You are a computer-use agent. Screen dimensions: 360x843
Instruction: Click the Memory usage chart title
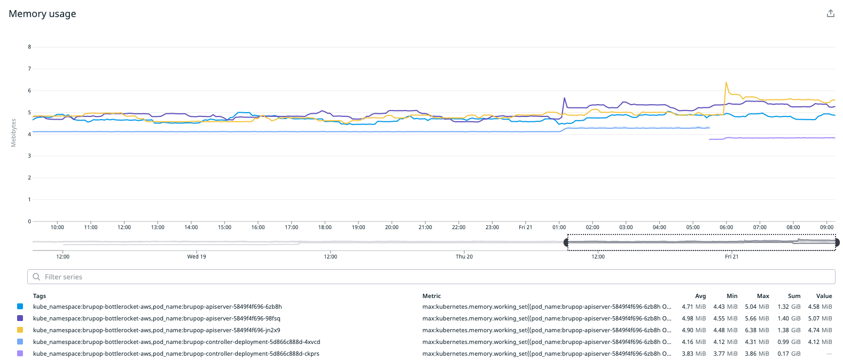pyautogui.click(x=42, y=14)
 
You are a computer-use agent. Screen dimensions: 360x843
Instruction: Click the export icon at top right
pyautogui.click(x=830, y=13)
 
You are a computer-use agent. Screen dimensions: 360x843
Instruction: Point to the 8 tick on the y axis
pyautogui.click(x=29, y=47)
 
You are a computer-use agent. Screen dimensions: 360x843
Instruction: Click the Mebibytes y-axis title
pyautogui.click(x=13, y=133)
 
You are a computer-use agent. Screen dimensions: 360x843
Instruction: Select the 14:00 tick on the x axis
pyautogui.click(x=191, y=228)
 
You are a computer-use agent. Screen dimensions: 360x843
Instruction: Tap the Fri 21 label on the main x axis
pyautogui.click(x=525, y=228)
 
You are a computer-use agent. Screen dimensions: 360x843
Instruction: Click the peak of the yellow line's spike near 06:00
pyautogui.click(x=726, y=82)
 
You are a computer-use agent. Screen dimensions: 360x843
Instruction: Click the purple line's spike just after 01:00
pyautogui.click(x=564, y=98)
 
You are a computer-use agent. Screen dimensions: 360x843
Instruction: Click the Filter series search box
pyautogui.click(x=431, y=277)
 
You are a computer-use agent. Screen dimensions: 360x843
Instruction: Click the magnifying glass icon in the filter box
pyautogui.click(x=36, y=277)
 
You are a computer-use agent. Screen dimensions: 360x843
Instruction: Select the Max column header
pyautogui.click(x=763, y=296)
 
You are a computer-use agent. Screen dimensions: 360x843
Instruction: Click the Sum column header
pyautogui.click(x=794, y=296)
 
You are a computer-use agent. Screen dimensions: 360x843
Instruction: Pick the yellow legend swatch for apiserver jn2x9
pyautogui.click(x=20, y=330)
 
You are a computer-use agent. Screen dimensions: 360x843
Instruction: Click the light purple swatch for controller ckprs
pyautogui.click(x=20, y=354)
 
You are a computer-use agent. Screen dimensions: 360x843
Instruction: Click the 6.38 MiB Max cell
pyautogui.click(x=757, y=330)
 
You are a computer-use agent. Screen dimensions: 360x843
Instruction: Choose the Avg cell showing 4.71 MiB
pyautogui.click(x=693, y=307)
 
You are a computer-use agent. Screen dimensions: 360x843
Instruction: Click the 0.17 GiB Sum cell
pyautogui.click(x=789, y=354)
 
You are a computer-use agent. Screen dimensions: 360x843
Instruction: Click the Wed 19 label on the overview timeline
pyautogui.click(x=197, y=257)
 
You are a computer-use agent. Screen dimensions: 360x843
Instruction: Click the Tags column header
pyautogui.click(x=40, y=296)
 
